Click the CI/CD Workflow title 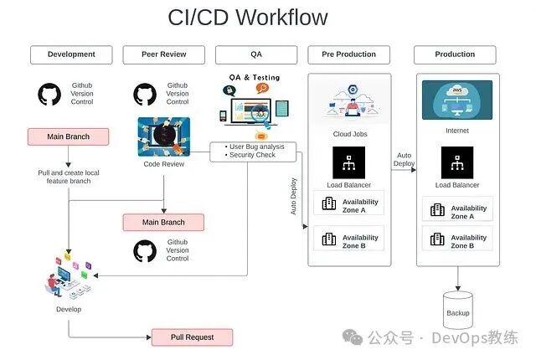coord(248,17)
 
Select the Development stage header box coord(71,54)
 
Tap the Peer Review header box coord(164,54)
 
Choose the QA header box coord(257,54)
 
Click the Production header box coord(455,54)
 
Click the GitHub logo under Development coord(50,95)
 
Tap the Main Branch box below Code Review coord(163,222)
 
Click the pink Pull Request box coord(192,337)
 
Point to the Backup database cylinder coord(458,311)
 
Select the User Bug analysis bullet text coord(257,147)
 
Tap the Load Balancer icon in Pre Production coord(348,162)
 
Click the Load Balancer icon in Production coord(457,162)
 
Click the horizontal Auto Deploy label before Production coord(404,159)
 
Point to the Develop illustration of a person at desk coord(67,280)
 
